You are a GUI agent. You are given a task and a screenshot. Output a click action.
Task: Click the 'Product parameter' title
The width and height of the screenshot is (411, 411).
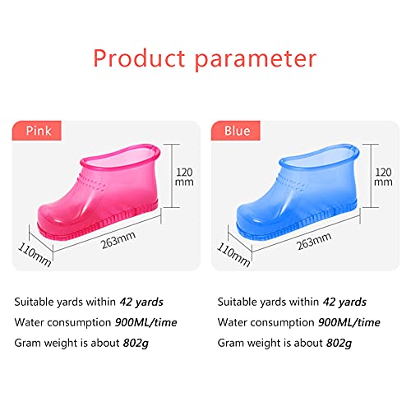click(205, 58)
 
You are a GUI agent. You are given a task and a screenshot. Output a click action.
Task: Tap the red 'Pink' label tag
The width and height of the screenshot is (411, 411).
click(39, 132)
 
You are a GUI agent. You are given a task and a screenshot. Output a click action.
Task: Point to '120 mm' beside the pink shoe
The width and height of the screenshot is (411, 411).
click(185, 178)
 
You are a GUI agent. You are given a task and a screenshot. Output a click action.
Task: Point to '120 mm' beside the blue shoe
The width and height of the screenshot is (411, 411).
click(382, 178)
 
